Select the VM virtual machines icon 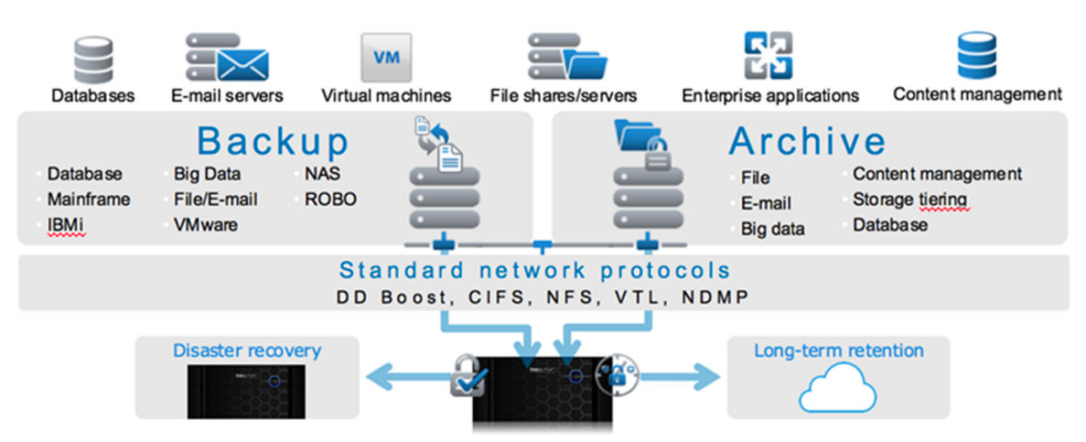tap(385, 57)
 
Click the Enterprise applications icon tap(767, 56)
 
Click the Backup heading tap(274, 142)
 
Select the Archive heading tap(807, 142)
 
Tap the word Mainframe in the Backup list tap(89, 199)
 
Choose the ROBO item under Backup tap(331, 199)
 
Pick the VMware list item tap(205, 224)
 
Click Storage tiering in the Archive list tap(909, 199)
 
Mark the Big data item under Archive tap(773, 229)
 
